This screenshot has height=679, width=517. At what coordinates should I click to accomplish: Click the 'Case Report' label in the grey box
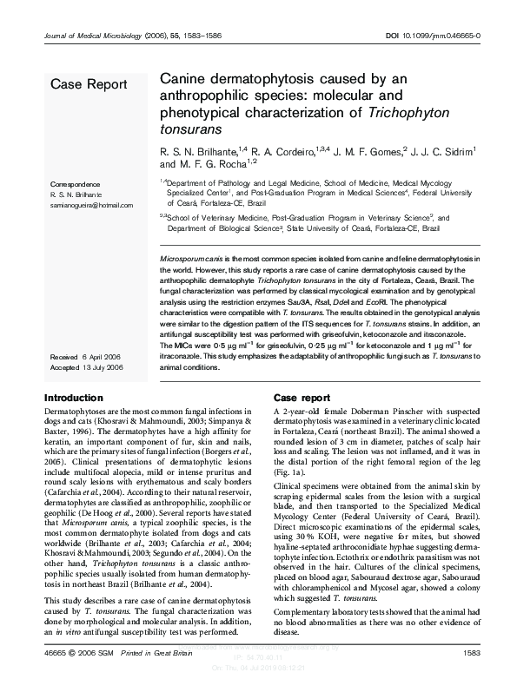89,84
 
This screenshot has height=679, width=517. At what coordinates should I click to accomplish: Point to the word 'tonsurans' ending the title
188,126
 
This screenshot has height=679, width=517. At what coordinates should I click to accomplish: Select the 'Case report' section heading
305,397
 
